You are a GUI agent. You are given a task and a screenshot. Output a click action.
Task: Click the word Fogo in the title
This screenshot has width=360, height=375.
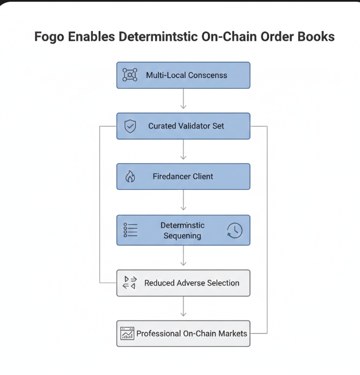(x=50, y=37)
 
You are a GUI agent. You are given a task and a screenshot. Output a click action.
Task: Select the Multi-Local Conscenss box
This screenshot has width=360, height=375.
(x=183, y=75)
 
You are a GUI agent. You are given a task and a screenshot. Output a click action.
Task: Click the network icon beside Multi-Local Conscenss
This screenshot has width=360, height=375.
(x=130, y=75)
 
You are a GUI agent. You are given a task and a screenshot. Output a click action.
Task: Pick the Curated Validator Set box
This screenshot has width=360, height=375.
(x=183, y=126)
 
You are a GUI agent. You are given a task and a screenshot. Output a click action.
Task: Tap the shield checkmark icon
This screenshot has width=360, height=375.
(x=130, y=126)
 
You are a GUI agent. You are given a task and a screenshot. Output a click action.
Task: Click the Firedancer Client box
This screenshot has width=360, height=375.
(x=183, y=177)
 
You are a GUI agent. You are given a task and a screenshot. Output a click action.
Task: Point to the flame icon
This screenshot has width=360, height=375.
(x=130, y=177)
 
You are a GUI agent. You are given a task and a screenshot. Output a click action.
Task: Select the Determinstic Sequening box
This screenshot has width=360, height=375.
(x=183, y=230)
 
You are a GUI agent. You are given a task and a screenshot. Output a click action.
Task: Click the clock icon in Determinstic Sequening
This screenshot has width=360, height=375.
(x=234, y=231)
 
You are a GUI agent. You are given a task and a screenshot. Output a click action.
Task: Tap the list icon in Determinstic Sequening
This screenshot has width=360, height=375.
(x=130, y=231)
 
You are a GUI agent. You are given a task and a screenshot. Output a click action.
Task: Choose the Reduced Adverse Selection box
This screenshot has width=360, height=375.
(x=183, y=283)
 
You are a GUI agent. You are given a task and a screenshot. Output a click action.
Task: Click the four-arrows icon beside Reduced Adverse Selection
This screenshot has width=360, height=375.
(x=130, y=283)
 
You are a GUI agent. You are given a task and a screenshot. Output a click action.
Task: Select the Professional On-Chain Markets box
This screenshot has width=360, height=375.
(x=183, y=333)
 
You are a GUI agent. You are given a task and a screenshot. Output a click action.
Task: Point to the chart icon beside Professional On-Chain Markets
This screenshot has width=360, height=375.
(x=127, y=333)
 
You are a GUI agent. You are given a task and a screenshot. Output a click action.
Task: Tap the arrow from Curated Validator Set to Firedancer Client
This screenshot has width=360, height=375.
(x=183, y=151)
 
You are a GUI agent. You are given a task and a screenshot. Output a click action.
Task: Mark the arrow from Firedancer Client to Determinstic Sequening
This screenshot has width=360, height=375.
(x=183, y=202)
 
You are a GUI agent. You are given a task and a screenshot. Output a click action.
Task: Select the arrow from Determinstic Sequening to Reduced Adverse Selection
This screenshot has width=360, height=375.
(x=183, y=257)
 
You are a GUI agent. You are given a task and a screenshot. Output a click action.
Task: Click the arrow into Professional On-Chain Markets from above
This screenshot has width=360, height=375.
(x=183, y=308)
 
